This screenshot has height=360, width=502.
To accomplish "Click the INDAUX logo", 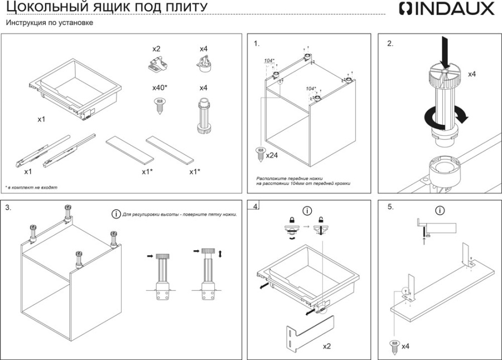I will click(447, 9).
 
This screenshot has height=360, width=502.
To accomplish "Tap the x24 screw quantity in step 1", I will click(272, 155).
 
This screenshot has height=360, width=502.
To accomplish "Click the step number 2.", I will click(390, 43).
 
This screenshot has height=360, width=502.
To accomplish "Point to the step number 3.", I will click(8, 207).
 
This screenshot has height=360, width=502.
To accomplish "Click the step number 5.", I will click(390, 207).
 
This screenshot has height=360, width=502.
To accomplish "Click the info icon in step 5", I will click(440, 211).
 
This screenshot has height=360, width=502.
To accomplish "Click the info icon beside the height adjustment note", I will click(116, 214).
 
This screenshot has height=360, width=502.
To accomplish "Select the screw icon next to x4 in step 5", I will click(394, 345).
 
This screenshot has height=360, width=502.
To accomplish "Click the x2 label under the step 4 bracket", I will click(327, 346).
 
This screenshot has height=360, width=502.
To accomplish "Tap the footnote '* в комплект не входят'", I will click(31, 188).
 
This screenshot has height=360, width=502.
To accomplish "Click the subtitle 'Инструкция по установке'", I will click(49, 23).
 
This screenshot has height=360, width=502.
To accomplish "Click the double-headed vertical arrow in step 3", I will click(221, 254).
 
